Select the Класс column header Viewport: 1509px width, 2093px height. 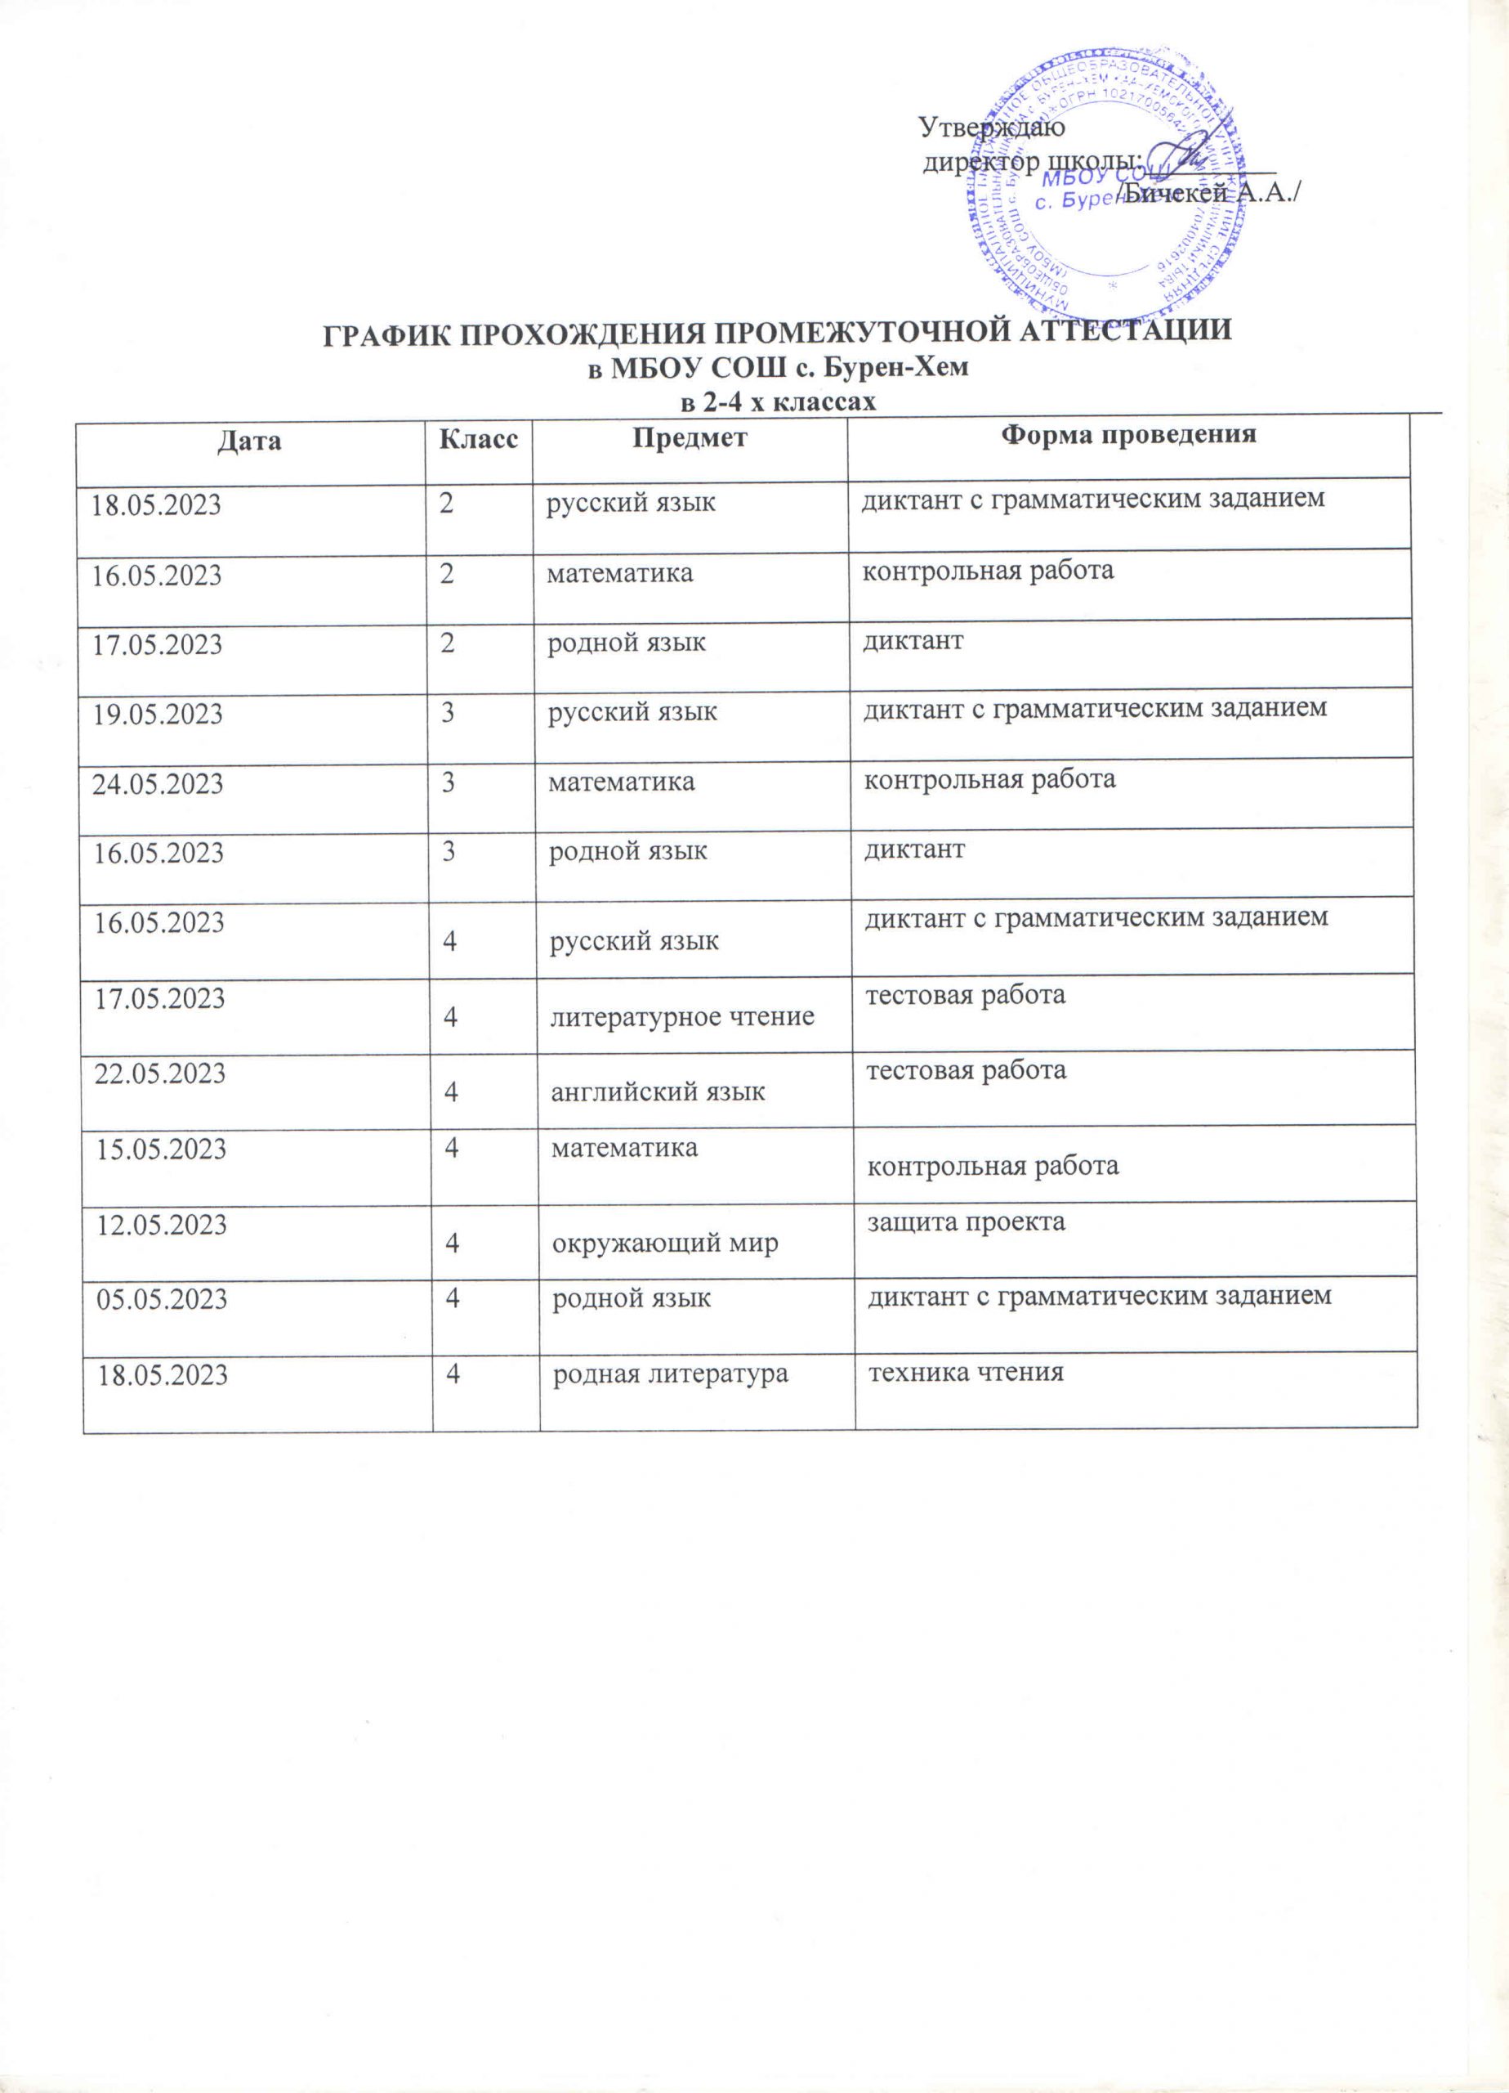(x=478, y=439)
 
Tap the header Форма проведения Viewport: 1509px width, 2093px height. (x=1128, y=436)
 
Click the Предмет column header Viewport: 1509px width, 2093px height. (x=689, y=438)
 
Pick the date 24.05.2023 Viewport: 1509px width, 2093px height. (x=158, y=784)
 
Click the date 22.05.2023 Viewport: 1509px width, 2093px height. (x=160, y=1073)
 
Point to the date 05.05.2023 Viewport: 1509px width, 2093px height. (x=163, y=1299)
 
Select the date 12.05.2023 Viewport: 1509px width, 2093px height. (x=163, y=1225)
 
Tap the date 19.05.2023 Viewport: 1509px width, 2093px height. (x=157, y=715)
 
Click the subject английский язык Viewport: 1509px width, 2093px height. (x=658, y=1092)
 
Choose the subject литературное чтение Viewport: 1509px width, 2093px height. (x=681, y=1017)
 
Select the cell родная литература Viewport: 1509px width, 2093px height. (x=670, y=1374)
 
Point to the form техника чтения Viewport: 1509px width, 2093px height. (x=966, y=1372)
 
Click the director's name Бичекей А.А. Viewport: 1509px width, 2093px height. (x=1208, y=193)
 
